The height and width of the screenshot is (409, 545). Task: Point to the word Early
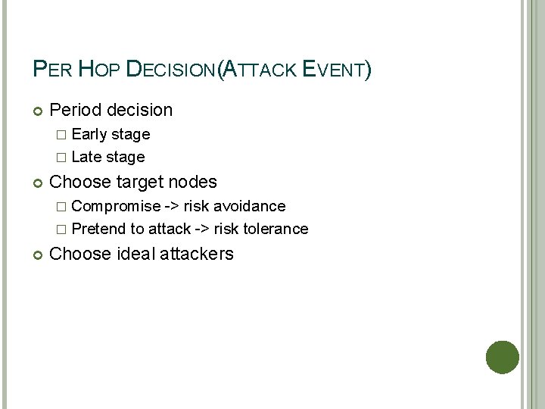click(89, 135)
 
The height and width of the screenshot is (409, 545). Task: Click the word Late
click(86, 158)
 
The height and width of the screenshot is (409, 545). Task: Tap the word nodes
click(193, 183)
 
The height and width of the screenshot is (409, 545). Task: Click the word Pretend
click(99, 229)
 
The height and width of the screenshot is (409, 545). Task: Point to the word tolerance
click(276, 229)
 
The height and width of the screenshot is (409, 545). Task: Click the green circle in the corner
click(502, 357)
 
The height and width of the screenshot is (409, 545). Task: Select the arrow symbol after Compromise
click(172, 207)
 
